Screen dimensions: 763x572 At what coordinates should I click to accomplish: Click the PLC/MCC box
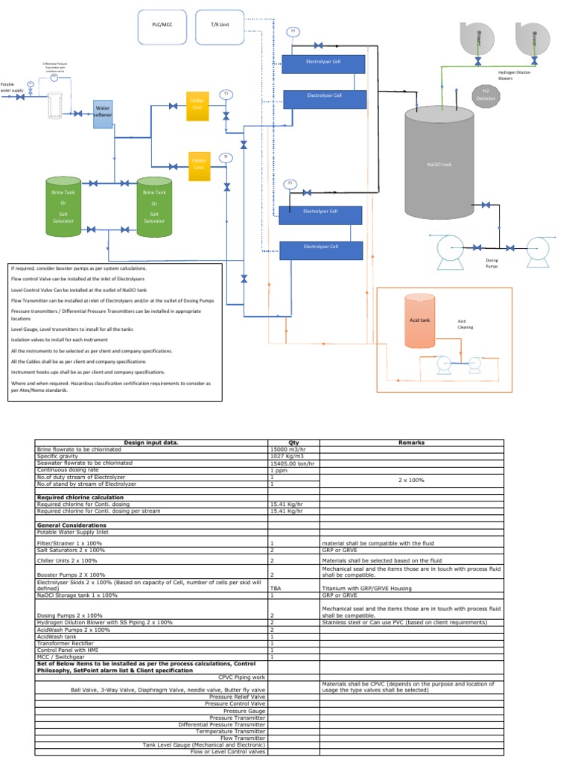tap(162, 24)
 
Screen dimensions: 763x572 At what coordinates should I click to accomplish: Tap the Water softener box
tap(102, 113)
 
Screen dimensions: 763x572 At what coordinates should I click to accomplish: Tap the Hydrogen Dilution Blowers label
tap(515, 75)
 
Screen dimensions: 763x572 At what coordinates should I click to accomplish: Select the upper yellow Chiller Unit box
tap(197, 104)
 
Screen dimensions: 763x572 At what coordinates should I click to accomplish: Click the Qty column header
tap(293, 442)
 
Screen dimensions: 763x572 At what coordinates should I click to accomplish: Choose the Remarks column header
tap(410, 442)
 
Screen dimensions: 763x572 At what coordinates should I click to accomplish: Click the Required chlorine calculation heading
tap(80, 497)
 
